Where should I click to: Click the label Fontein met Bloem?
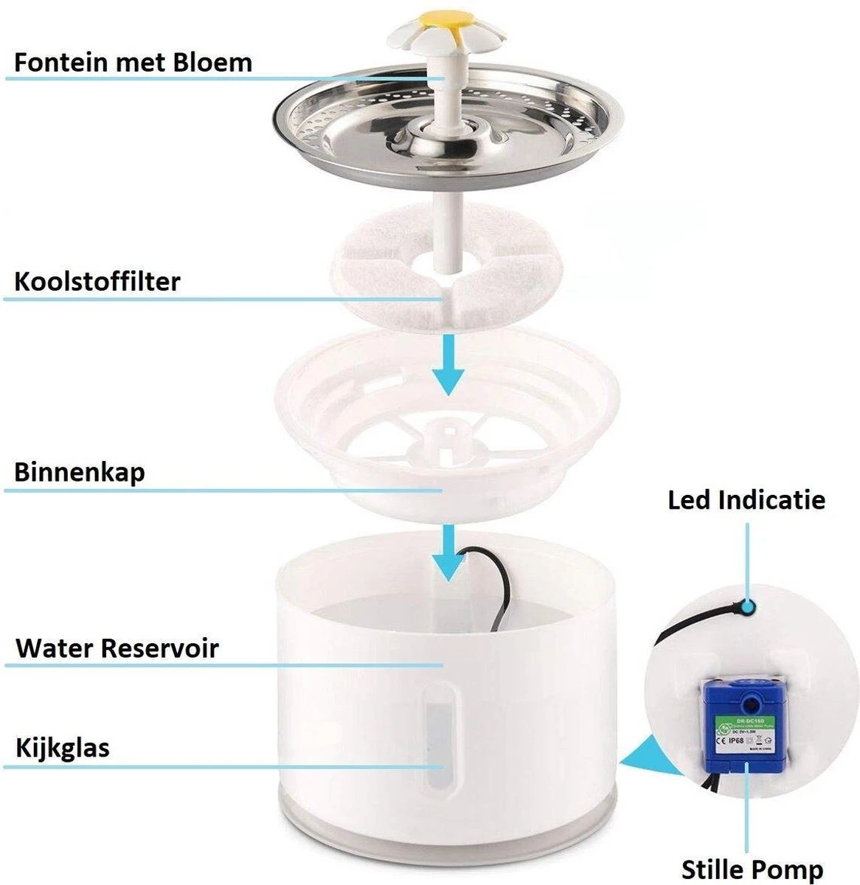point(133,62)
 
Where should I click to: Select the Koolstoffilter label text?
point(97,281)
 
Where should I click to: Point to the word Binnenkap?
point(79,472)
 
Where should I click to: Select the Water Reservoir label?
point(117,648)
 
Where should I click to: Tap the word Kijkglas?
point(63,748)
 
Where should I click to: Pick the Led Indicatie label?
point(746,499)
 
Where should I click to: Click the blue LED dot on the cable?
point(749,607)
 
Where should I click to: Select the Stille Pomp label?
point(752,868)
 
